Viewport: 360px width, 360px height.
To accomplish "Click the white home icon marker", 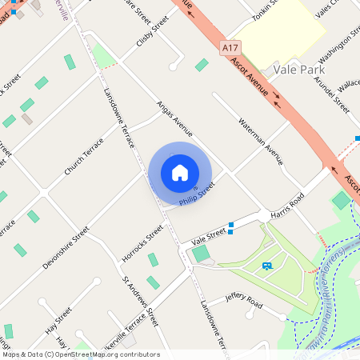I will point(180,172).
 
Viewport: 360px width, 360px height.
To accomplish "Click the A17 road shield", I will point(233,48).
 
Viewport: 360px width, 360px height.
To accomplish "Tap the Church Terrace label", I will point(85,157).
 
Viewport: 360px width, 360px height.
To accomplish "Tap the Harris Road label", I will point(288,204).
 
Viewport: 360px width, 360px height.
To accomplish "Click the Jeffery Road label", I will point(244,301).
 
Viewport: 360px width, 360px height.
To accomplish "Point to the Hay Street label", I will point(58,318).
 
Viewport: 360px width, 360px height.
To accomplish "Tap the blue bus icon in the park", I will point(266,266).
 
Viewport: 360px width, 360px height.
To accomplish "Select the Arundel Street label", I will point(332,94).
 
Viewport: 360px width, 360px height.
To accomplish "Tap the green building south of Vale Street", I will point(201,254).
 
